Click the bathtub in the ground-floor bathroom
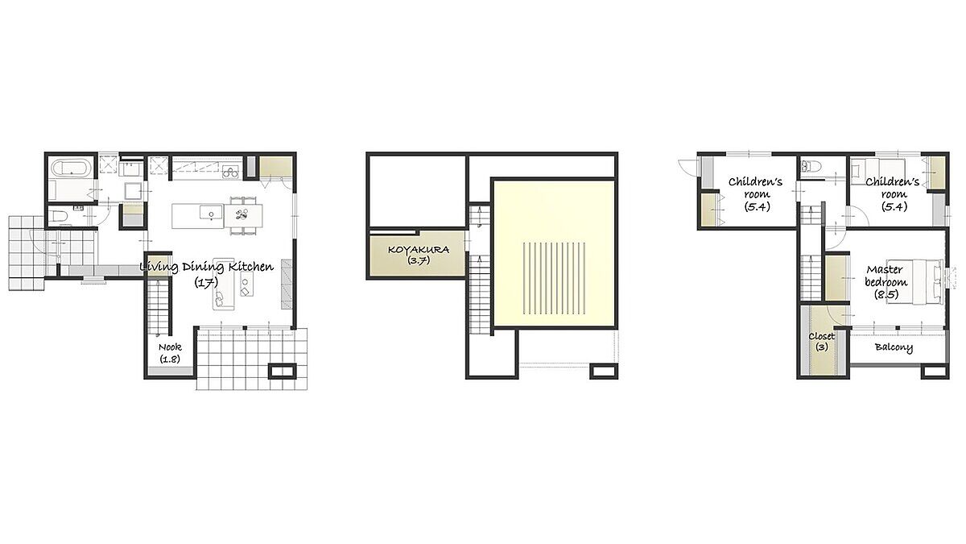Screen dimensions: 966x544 [71, 167]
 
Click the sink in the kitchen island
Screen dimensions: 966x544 [211, 213]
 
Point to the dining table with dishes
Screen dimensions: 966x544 [243, 215]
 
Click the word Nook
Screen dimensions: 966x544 [170, 347]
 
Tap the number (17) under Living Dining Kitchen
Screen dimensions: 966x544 [206, 282]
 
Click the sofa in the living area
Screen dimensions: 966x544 [224, 285]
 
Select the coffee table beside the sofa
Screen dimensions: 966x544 [246, 284]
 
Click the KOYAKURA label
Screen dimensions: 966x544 [419, 250]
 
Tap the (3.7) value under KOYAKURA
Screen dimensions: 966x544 [419, 261]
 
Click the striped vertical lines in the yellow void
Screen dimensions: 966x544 [554, 278]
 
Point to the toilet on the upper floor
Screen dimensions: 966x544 [810, 167]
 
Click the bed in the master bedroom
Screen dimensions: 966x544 [914, 281]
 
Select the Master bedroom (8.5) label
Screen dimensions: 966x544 [886, 282]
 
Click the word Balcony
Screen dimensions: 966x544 [894, 347]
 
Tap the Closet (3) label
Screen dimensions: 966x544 [822, 341]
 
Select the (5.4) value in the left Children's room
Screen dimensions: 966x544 [757, 207]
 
